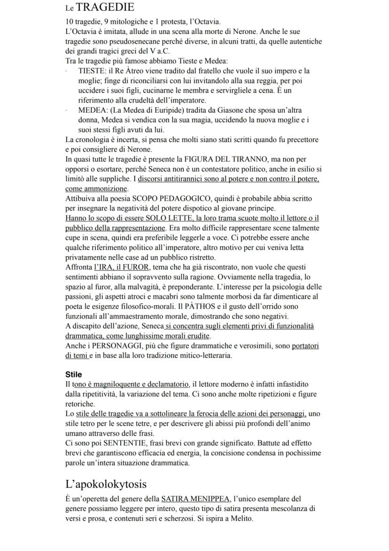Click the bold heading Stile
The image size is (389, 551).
click(73, 375)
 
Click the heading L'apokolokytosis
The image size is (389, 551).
click(106, 484)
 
